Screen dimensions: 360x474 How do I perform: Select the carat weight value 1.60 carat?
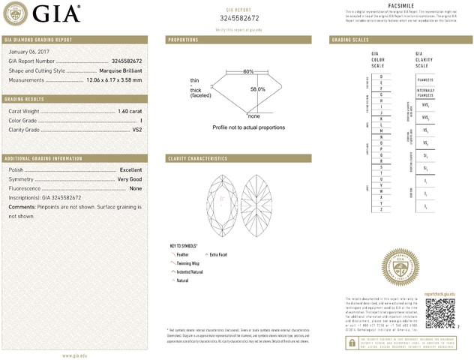click(130, 111)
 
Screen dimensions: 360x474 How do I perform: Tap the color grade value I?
click(140, 120)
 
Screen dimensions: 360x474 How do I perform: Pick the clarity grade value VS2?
click(136, 130)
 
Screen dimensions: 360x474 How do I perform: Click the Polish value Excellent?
click(130, 170)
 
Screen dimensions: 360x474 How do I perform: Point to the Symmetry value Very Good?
click(129, 179)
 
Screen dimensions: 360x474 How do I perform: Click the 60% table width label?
click(248, 71)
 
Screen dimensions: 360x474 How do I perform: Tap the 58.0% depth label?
click(257, 88)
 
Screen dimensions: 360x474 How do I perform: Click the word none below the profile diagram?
click(253, 116)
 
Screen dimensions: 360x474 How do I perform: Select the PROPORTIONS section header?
click(183, 39)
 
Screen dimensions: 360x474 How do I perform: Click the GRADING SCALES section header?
click(349, 39)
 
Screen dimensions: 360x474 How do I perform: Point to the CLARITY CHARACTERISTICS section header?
click(197, 159)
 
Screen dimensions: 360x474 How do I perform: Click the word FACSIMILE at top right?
click(402, 4)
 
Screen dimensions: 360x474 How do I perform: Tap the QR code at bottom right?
click(440, 312)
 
